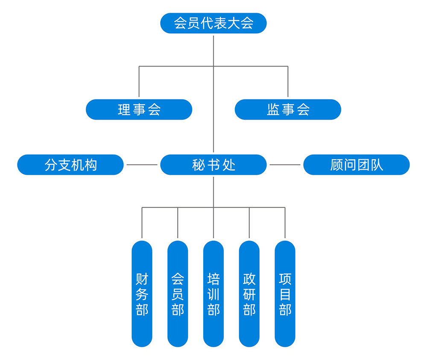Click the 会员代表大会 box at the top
coord(213,23)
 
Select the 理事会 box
coord(139,110)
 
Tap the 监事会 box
coord(288,110)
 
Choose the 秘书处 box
coord(213,165)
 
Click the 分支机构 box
coord(70,165)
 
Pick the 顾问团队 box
coord(356,165)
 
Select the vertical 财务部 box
coord(142,294)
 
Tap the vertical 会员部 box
coord(178,294)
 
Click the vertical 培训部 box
coord(213,294)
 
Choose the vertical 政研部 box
coord(249,294)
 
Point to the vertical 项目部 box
coord(285,294)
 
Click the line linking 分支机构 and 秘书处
coord(142,165)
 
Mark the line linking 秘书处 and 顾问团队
coord(285,165)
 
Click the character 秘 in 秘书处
coord(199,165)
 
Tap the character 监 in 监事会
coord(273,110)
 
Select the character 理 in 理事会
coord(124,110)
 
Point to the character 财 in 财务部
coord(142,279)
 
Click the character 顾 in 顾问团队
coord(336,165)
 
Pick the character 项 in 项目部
coord(285,279)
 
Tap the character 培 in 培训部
coord(213,279)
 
